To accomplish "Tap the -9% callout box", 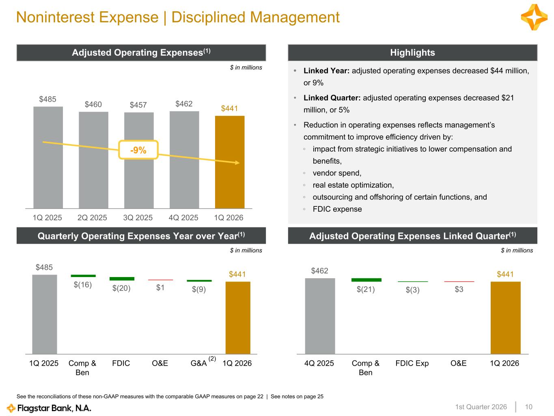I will coord(138,150).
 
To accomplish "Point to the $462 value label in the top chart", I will coord(184,104).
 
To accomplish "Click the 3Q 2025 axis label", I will coord(138,218).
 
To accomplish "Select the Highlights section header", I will coord(412,53).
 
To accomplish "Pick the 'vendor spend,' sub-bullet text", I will coord(337,173).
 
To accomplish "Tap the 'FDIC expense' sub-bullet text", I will coord(337,209).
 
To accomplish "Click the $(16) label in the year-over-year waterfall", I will coord(83,285).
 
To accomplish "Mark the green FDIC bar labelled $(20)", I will coord(122,279).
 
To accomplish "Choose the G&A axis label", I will coord(198,363).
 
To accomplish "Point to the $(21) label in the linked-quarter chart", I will coord(366,289).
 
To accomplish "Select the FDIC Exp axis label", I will coord(412,363).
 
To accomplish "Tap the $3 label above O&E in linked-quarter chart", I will coord(459,289).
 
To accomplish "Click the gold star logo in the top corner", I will coord(534,17).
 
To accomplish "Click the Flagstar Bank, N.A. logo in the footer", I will coord(49,408).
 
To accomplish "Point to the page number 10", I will coord(528,407).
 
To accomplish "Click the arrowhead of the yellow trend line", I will coord(237,163).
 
